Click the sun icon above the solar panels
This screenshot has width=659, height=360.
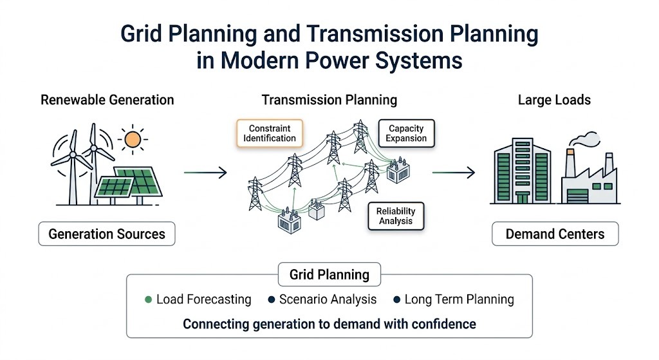tap(133, 139)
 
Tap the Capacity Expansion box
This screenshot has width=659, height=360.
tap(406, 133)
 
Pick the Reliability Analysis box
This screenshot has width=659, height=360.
tap(396, 216)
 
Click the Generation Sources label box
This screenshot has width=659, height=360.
tap(107, 234)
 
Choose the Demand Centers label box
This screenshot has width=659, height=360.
tap(555, 234)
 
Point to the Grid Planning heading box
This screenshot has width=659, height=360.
tap(329, 274)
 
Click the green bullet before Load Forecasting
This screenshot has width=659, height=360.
tap(149, 299)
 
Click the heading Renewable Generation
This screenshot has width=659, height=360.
tap(107, 100)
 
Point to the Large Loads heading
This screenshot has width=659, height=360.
tap(554, 100)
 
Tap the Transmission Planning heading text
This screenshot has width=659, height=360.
tap(329, 100)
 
